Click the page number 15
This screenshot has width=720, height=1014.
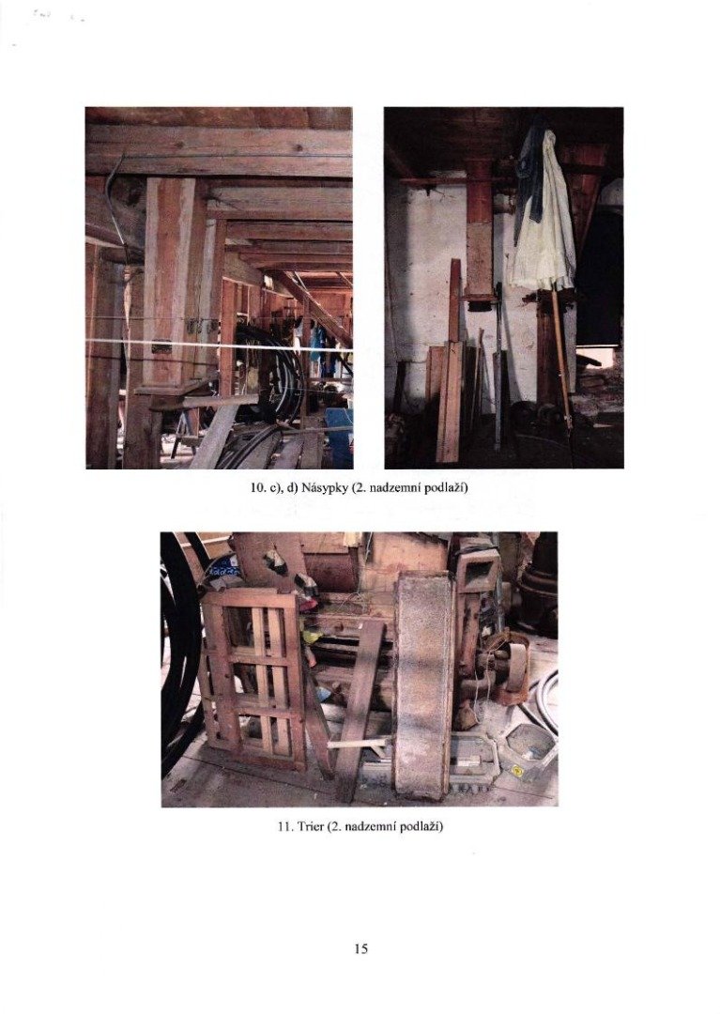[360, 948]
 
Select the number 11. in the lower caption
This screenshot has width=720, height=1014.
[284, 826]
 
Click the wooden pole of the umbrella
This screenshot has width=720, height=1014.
[561, 356]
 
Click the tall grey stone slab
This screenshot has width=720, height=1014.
[422, 684]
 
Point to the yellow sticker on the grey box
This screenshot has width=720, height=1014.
[517, 771]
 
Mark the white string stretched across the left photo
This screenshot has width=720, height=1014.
[219, 345]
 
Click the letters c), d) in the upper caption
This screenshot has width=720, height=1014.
[282, 487]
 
